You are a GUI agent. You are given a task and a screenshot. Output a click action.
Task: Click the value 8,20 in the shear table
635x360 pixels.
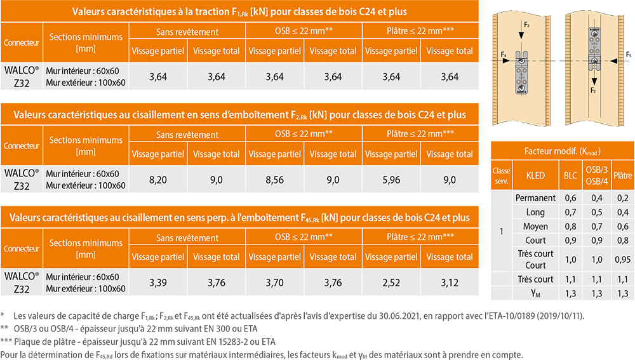(157, 180)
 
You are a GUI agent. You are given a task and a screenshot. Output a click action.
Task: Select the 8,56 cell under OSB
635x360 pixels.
(274, 180)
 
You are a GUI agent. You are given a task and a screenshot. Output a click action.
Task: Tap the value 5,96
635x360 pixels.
(391, 180)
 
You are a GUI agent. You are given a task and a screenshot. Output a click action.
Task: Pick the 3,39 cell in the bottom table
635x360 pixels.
(157, 283)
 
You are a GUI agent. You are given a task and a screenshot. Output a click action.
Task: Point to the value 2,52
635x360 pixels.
(391, 283)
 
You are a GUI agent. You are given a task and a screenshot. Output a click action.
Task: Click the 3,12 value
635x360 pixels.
(449, 283)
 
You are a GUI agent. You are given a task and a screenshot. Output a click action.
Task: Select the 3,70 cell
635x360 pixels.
(274, 283)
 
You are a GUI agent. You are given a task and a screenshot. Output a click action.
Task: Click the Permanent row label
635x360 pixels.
(535, 198)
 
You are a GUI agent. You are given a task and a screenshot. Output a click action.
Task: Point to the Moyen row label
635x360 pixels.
(535, 226)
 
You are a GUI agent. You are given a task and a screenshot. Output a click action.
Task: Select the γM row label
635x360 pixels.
(535, 293)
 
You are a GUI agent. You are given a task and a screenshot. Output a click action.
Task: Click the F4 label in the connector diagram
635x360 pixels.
(503, 55)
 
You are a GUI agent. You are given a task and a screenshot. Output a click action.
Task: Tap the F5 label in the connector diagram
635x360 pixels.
(628, 55)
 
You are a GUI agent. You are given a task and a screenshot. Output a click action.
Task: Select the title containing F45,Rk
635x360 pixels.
(239, 218)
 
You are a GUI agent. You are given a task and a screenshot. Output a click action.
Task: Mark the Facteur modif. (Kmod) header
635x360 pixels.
(562, 151)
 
